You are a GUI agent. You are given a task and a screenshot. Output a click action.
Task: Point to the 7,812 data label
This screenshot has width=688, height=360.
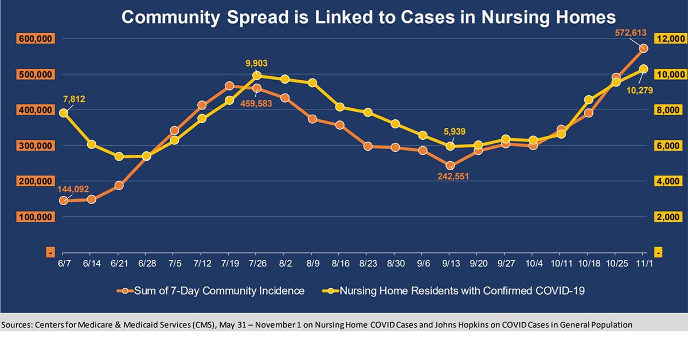tap(74, 99)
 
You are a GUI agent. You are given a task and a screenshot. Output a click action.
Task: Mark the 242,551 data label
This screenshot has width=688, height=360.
tap(449, 177)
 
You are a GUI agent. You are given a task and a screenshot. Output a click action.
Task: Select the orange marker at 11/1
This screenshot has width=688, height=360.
tap(643, 48)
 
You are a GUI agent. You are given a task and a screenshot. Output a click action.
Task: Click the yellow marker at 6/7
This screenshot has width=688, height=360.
tap(63, 113)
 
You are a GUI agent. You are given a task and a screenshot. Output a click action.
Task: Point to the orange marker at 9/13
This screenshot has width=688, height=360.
tap(450, 166)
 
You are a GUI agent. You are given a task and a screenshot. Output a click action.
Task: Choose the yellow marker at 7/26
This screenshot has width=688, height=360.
tap(257, 75)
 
